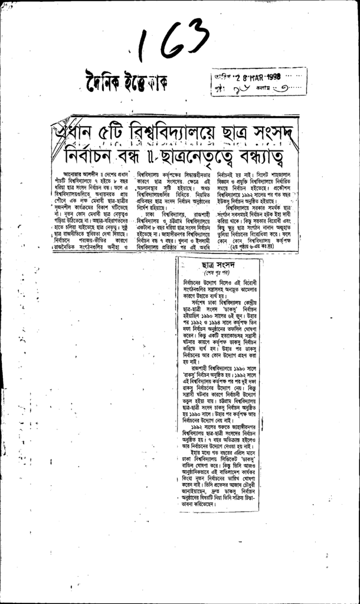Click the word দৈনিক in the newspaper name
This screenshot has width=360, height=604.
click(x=103, y=80)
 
